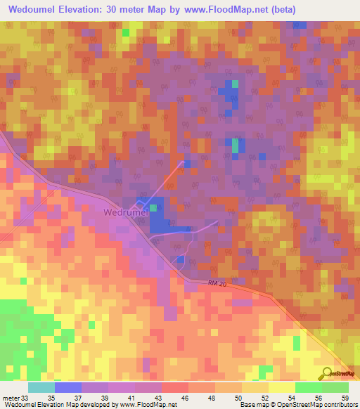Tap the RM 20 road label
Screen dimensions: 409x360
[x=219, y=283]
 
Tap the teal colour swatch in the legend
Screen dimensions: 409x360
[x=41, y=387]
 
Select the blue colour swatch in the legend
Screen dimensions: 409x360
[x=67, y=387]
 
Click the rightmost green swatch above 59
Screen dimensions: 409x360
[x=335, y=387]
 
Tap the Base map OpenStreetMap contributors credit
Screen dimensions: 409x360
[x=297, y=405]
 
